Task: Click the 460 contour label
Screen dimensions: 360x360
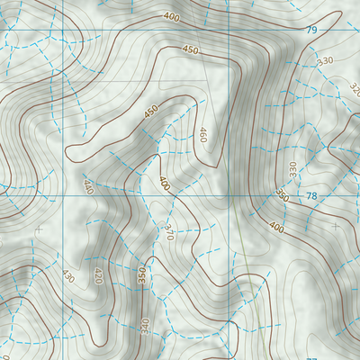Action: [202, 135]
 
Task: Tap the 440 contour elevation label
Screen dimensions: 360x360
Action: [87, 187]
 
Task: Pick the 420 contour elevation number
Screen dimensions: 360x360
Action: [98, 274]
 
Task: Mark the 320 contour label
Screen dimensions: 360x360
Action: [354, 91]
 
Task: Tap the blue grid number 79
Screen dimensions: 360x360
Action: [311, 31]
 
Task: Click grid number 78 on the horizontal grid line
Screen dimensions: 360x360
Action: [311, 196]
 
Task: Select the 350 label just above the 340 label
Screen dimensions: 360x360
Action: [141, 276]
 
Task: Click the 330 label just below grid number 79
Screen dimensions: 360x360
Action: [325, 60]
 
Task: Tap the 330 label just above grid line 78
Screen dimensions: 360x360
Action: [292, 168]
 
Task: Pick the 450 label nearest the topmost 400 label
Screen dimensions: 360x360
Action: [190, 50]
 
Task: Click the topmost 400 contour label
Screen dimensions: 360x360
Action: [171, 16]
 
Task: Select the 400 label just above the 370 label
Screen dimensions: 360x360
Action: [164, 182]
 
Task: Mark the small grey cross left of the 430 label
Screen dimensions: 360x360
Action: [38, 230]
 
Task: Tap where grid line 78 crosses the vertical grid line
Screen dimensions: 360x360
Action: [227, 195]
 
